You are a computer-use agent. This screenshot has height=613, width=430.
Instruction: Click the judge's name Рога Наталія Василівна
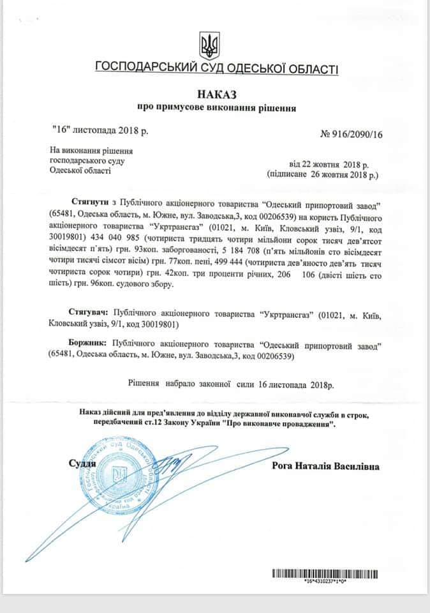point(325,467)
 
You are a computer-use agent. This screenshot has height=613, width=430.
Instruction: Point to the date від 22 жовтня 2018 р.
point(328,163)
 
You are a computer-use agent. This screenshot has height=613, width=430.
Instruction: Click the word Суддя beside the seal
point(82,464)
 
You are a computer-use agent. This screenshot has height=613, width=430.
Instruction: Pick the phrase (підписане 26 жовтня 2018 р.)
point(322,173)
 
